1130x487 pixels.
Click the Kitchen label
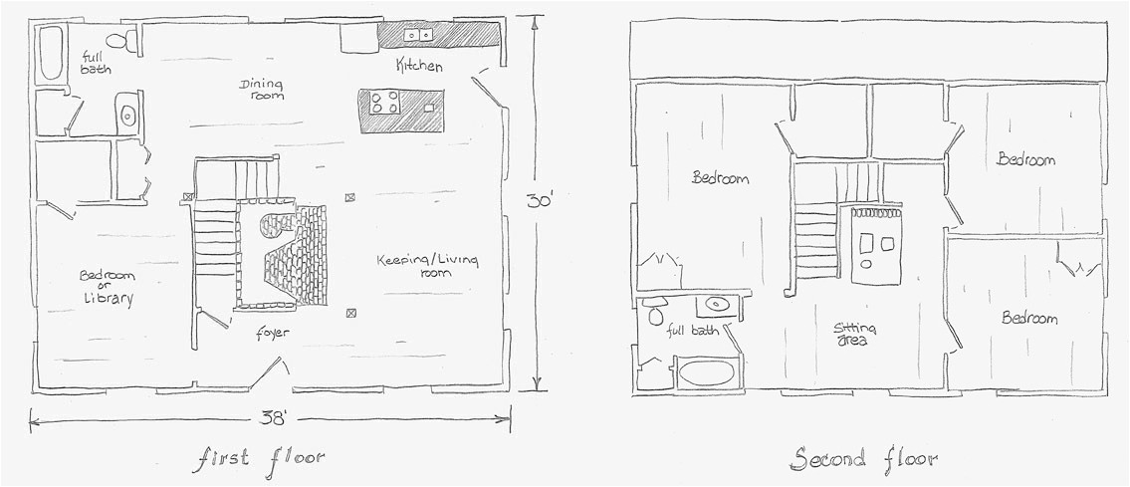pyautogui.click(x=419, y=67)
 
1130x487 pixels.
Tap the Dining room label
pyautogui.click(x=261, y=89)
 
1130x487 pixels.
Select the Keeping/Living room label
pyautogui.click(x=427, y=266)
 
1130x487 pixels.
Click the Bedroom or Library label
pyautogui.click(x=107, y=287)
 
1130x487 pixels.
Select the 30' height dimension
pyautogui.click(x=539, y=201)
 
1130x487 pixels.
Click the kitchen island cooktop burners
pyautogui.click(x=384, y=102)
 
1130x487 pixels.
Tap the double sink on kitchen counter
pyautogui.click(x=417, y=34)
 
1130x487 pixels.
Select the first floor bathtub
pyautogui.click(x=51, y=53)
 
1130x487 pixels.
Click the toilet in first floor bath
pyautogui.click(x=123, y=41)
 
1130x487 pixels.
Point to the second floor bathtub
pyautogui.click(x=706, y=373)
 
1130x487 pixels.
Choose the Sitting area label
pyautogui.click(x=852, y=335)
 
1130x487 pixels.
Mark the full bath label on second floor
pyautogui.click(x=693, y=331)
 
